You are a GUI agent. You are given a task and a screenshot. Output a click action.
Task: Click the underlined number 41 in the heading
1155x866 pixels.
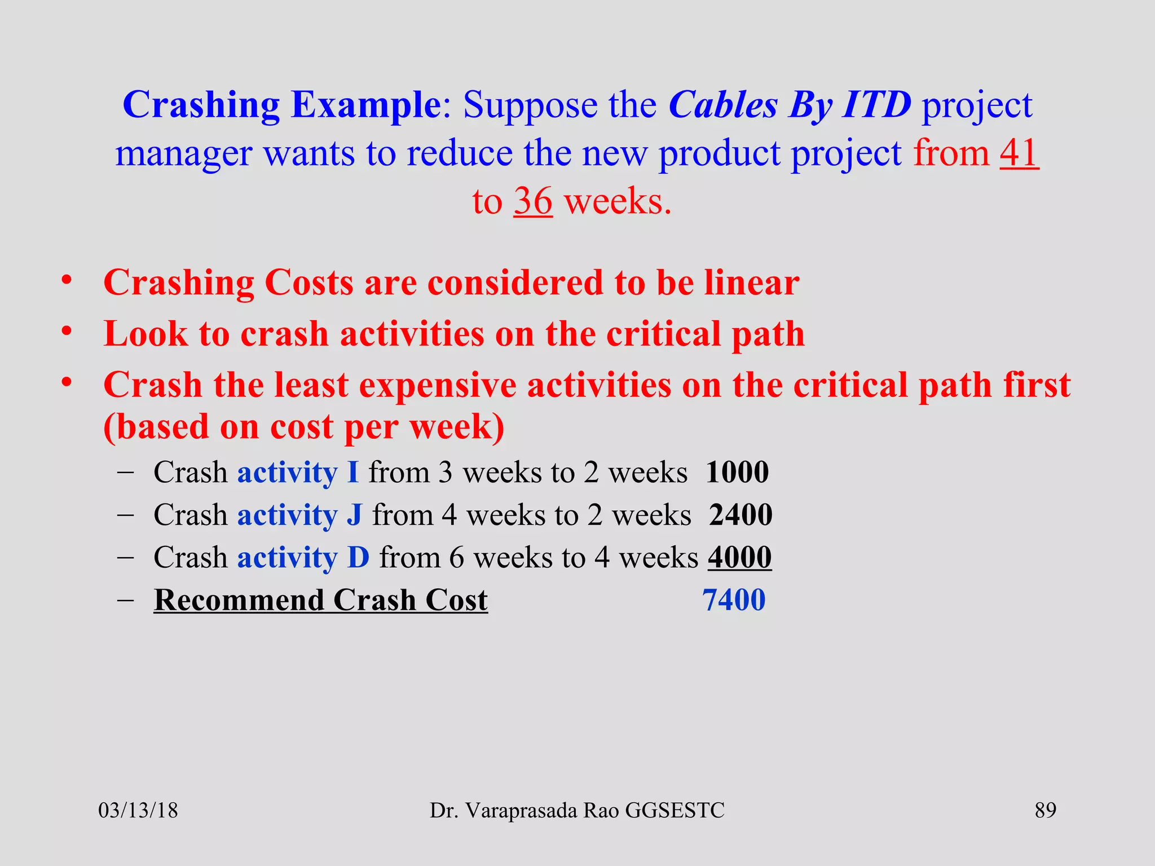pos(1019,153)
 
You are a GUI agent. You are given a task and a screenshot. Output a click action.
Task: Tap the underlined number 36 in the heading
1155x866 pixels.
pos(532,201)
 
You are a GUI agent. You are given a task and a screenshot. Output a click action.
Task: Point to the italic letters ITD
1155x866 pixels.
pos(876,105)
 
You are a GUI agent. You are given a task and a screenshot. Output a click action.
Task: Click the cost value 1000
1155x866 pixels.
pos(737,472)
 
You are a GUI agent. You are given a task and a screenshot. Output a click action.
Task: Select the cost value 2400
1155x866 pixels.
pos(740,515)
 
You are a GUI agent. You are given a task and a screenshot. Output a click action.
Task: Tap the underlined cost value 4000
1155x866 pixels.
pos(739,557)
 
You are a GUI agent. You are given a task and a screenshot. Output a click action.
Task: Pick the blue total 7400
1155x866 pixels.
pos(734,600)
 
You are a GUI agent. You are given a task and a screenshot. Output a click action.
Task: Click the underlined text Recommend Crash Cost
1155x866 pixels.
pos(320,600)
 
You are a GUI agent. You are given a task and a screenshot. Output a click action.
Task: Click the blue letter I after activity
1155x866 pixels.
pos(353,472)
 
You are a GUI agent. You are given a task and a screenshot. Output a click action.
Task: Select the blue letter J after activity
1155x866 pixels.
pos(354,515)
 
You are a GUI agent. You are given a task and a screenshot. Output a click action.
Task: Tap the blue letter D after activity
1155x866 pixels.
pos(359,557)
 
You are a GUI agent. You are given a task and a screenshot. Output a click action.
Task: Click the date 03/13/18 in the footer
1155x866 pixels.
pos(138,811)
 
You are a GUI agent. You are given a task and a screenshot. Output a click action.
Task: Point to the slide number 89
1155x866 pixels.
pos(1045,810)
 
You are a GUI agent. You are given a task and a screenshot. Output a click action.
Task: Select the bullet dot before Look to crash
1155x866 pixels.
pos(67,331)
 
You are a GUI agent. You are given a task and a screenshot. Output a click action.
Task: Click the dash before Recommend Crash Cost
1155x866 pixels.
pos(125,600)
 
